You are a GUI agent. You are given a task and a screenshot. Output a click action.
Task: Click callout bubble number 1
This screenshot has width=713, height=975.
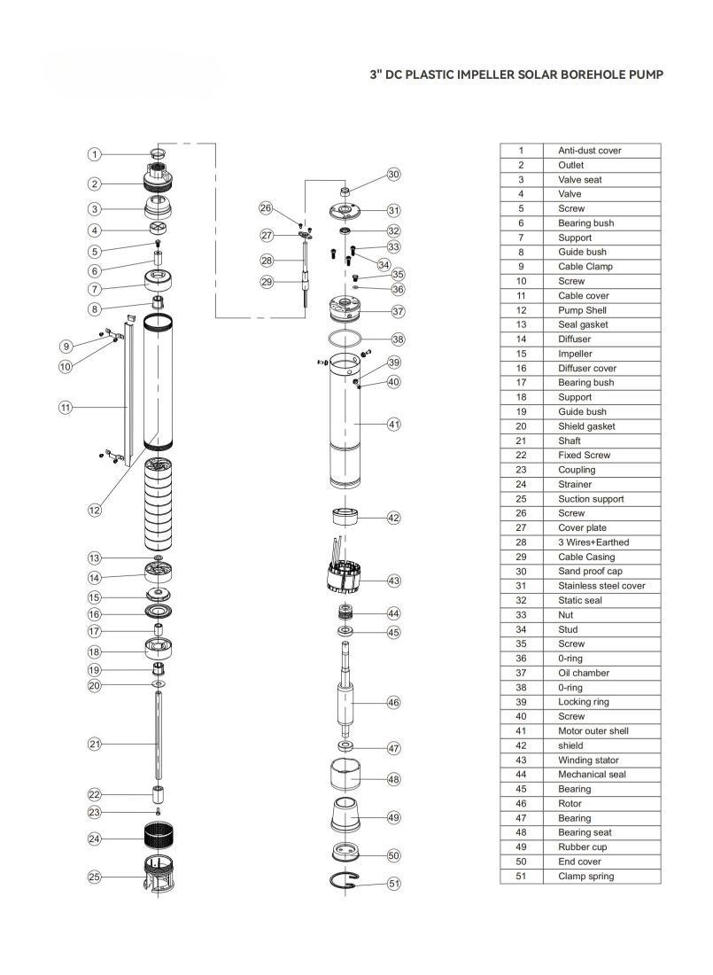pos(94,154)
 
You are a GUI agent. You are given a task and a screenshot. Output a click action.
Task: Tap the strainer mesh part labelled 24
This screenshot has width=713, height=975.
pos(158,836)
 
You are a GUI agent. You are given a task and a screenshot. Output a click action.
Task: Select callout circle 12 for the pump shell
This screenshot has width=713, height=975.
pos(94,510)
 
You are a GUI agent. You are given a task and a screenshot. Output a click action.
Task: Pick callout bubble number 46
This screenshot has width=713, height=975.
pos(393,703)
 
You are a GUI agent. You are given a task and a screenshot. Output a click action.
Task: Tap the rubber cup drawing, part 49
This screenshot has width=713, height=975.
pos(345,815)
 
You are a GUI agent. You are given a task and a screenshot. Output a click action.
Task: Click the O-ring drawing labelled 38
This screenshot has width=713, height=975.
pos(345,339)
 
